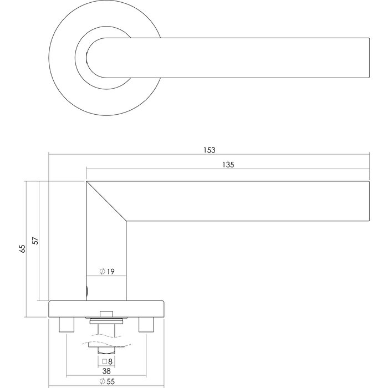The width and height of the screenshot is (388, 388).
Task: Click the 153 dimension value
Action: tap(209, 150)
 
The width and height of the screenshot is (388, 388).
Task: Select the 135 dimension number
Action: tap(228, 165)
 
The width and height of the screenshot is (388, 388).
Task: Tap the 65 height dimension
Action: tap(23, 249)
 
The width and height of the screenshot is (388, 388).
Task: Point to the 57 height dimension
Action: tap(35, 241)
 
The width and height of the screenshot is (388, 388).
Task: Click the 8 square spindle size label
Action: tap(110, 361)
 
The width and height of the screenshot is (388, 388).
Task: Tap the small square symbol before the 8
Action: tap(104, 361)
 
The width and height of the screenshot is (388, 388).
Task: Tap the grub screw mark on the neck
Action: tap(86, 290)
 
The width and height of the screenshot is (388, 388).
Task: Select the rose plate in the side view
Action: tap(106, 308)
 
